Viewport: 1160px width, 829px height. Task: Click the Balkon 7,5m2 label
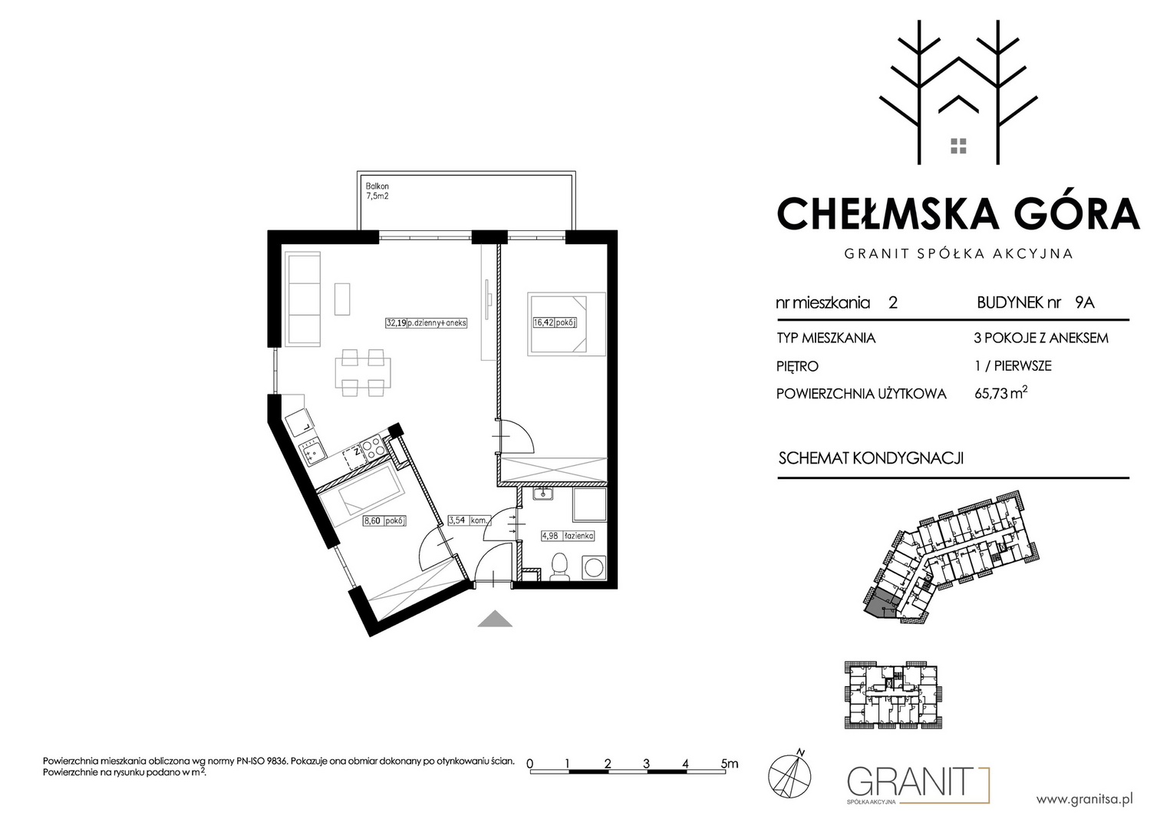(x=377, y=191)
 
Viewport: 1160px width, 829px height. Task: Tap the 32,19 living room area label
(x=427, y=323)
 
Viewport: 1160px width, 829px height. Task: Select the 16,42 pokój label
(x=555, y=322)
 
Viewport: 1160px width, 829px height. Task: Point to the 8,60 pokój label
(x=384, y=520)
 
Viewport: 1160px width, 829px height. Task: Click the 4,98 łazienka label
(x=568, y=536)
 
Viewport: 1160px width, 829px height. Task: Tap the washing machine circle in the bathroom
(x=595, y=567)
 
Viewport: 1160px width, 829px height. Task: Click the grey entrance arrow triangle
(x=495, y=619)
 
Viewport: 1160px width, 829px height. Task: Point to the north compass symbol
(x=789, y=775)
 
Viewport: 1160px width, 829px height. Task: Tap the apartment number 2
(x=893, y=302)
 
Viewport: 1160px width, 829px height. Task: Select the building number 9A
(x=1085, y=302)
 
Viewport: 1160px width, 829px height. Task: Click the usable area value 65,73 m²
(x=1001, y=393)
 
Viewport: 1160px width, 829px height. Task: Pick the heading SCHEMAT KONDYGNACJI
(x=871, y=458)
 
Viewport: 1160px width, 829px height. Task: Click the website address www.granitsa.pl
(x=1084, y=800)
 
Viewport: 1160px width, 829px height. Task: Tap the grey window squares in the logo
(x=958, y=146)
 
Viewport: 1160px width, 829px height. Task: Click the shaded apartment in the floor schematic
(x=881, y=604)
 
